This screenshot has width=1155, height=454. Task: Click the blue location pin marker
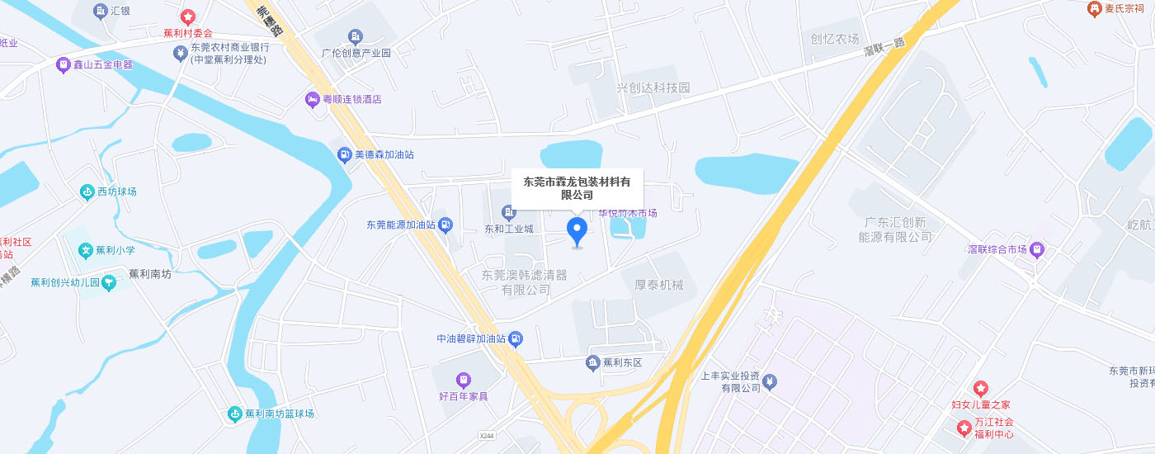point(577,230)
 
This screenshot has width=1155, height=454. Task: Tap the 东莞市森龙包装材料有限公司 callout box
point(577,188)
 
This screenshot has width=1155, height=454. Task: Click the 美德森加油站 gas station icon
point(344,154)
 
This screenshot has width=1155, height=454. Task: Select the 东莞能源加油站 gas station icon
point(445,224)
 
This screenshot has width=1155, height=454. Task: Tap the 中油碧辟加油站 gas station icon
point(516,338)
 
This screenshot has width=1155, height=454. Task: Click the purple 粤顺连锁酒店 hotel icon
point(313,99)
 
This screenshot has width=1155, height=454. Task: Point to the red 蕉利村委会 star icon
point(188,17)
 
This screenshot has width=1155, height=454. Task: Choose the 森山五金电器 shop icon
point(63,64)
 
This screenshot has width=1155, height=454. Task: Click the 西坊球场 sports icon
point(87,192)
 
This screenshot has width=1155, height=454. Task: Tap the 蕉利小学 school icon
point(84,250)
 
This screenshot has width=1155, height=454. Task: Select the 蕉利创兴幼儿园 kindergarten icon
point(110,282)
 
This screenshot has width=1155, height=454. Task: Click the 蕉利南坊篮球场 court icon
point(235,413)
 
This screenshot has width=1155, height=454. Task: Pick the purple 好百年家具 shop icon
point(464,380)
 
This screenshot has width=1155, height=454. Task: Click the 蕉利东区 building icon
point(592,362)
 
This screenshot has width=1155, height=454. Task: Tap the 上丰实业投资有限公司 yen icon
point(770,381)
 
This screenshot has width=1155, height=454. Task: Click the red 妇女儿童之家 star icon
point(980,388)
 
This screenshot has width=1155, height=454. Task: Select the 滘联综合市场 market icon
point(1037,249)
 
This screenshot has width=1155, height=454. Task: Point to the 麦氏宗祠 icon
point(1095,8)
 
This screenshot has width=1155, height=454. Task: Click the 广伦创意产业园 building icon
point(356,36)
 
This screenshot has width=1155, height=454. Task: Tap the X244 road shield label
point(487,435)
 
